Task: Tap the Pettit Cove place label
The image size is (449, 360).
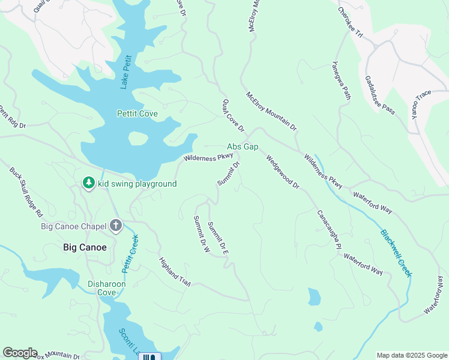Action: pos(137,113)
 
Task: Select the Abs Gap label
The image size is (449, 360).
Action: pos(243,146)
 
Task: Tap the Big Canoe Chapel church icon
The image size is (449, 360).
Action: pos(116,226)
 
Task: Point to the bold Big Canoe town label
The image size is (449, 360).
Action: pos(85,247)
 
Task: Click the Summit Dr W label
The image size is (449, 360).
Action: pos(200,234)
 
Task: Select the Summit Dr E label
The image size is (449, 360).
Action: pos(218,238)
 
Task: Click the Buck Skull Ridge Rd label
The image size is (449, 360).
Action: pos(26,191)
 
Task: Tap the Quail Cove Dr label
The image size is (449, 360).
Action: pos(234,116)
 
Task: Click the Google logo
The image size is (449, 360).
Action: pos(20,353)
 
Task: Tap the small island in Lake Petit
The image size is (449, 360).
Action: pos(138,139)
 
